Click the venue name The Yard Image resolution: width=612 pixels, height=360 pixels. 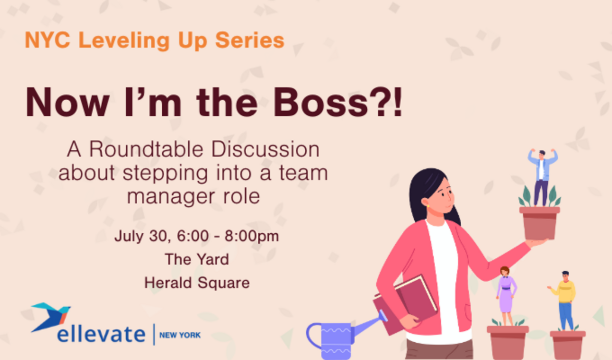[x=197, y=259]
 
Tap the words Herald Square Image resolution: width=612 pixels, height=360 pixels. [x=197, y=283]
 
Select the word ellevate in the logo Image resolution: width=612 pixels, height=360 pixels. [x=101, y=334]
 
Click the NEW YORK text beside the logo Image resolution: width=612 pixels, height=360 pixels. [x=180, y=334]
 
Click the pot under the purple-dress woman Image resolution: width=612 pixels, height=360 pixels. [x=507, y=341]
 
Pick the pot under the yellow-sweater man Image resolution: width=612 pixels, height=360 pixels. [x=568, y=344]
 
